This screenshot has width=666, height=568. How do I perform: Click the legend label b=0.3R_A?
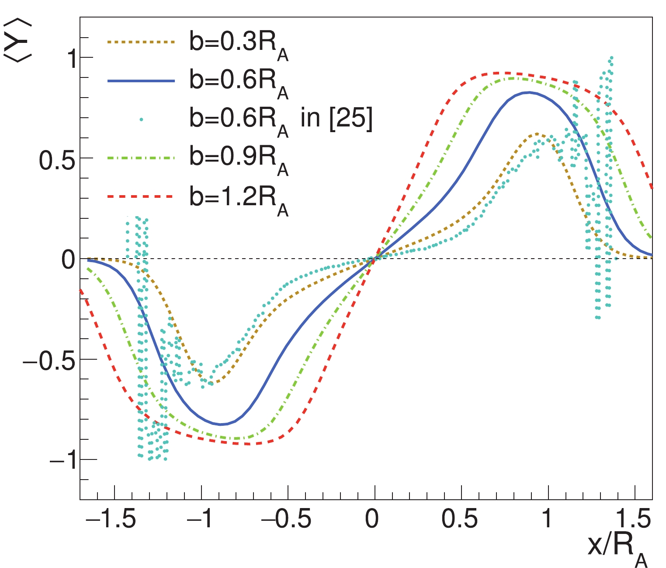239,45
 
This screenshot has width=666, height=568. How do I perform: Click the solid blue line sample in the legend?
141,81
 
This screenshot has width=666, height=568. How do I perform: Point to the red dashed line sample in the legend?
141,197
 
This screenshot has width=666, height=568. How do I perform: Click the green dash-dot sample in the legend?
141,158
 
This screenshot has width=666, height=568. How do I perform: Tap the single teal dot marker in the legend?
141,119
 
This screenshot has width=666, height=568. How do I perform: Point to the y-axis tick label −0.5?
47,360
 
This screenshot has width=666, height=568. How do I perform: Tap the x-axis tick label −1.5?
110,519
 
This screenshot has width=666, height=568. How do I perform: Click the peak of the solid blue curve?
529,92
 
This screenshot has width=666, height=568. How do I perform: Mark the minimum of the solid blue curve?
221,424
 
